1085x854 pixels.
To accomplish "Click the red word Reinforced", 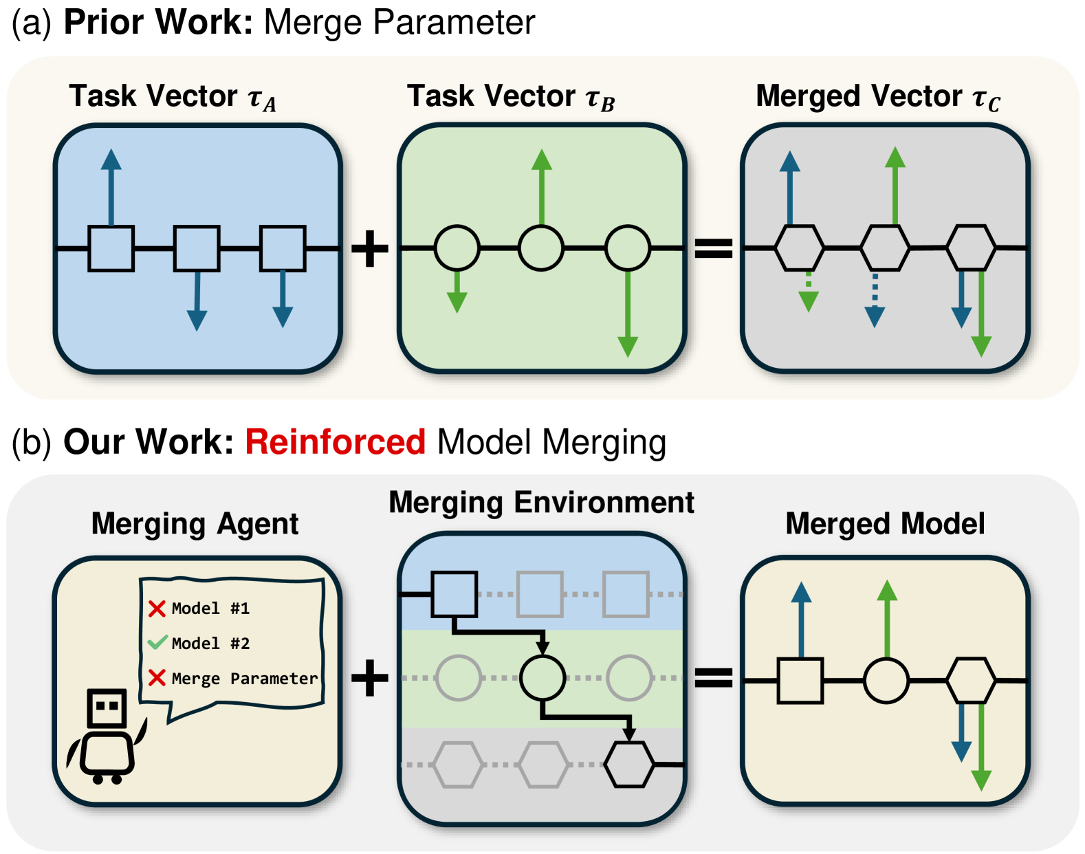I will (335, 441).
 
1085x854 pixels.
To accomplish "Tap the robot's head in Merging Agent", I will (107, 708).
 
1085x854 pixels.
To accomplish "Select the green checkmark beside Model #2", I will (157, 643).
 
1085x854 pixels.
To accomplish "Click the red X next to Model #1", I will (157, 608).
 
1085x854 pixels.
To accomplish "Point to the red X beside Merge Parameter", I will (157, 678).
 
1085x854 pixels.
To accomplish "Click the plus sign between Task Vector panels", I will (370, 248).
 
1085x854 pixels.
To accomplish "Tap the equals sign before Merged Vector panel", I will (713, 248).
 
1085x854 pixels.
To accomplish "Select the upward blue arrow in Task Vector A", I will (111, 186).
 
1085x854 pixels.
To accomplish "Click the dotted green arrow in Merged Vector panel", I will (809, 292).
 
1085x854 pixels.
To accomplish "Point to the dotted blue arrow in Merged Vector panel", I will (875, 299).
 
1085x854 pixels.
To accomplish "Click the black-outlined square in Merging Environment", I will (454, 594).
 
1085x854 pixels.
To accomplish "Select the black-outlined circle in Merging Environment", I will (542, 678).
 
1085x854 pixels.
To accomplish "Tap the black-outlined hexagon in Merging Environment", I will (628, 764).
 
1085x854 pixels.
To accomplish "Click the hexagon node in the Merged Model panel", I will (971, 680).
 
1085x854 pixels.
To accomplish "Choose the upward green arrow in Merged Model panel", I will (887, 619).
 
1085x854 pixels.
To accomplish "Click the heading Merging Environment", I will (541, 503).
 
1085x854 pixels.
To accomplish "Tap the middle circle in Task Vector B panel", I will (541, 248).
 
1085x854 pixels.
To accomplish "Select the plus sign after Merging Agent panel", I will (370, 678).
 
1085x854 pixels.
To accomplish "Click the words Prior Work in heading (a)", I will (158, 22).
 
